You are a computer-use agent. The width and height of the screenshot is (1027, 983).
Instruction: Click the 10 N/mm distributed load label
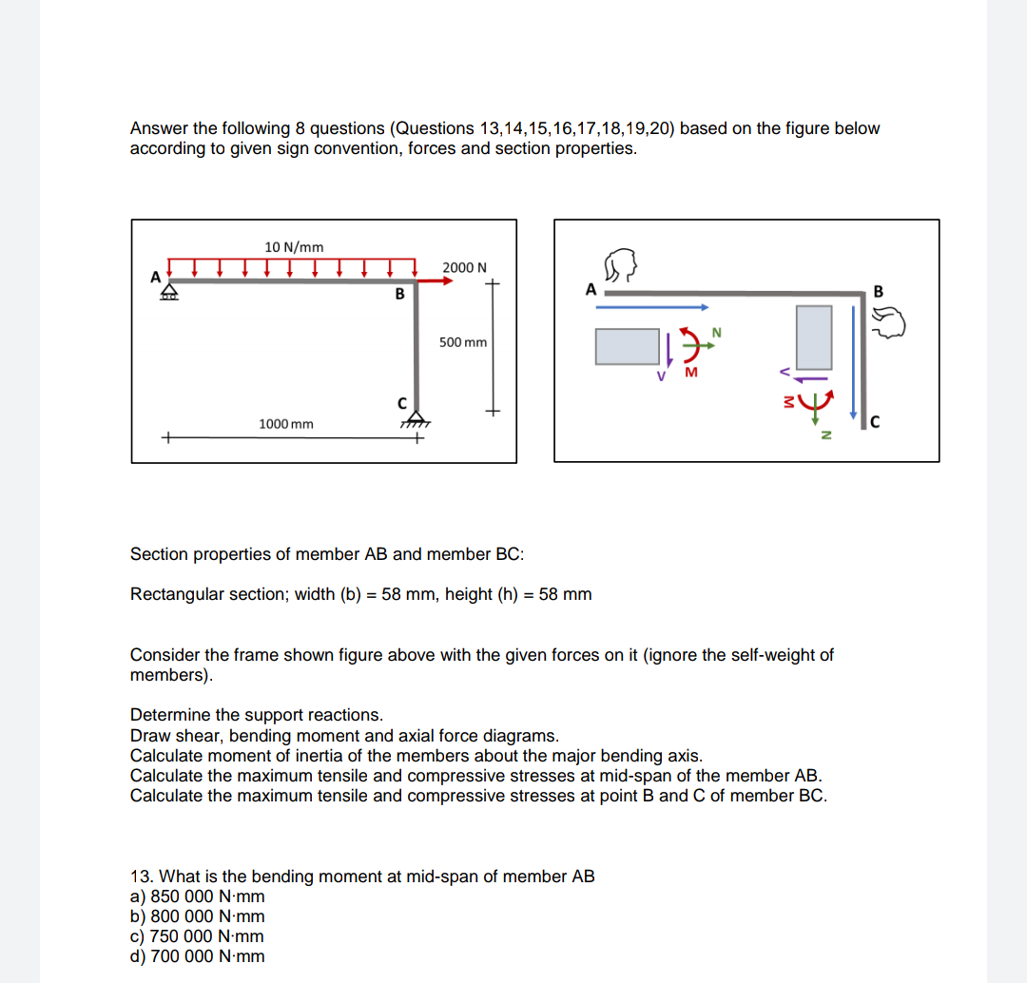[293, 247]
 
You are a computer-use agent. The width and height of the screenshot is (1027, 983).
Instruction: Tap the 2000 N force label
[464, 267]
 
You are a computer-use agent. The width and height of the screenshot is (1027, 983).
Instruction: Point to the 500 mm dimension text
[462, 341]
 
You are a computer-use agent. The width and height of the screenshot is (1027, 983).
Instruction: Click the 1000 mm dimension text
[285, 423]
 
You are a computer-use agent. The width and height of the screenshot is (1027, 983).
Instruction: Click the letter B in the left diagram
[400, 295]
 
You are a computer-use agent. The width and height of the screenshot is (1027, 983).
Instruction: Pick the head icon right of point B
[901, 326]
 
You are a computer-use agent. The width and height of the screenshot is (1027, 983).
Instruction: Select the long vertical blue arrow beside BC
[854, 357]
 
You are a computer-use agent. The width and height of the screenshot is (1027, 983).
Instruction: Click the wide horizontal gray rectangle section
[628, 346]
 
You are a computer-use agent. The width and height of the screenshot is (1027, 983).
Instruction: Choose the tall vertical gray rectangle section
[814, 337]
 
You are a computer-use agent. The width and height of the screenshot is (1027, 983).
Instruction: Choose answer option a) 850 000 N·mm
[198, 896]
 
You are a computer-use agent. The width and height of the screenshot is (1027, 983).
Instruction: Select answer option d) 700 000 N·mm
[198, 956]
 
